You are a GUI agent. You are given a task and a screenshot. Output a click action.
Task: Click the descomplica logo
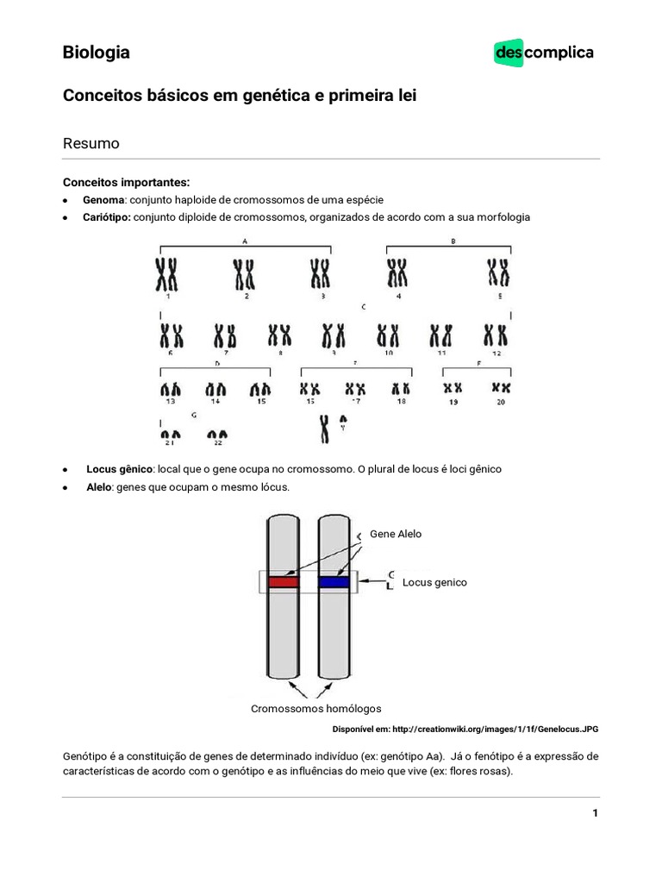click(543, 53)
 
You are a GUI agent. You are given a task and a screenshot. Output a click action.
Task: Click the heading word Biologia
click(97, 53)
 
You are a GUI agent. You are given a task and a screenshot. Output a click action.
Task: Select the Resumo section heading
click(91, 143)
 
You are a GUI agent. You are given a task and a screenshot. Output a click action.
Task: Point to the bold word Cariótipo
click(108, 217)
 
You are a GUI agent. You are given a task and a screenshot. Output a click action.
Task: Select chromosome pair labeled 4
click(397, 274)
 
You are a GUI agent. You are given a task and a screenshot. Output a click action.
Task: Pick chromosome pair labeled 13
click(171, 391)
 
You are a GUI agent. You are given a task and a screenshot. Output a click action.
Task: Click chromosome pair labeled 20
click(501, 389)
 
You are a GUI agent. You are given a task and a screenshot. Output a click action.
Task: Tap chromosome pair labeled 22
click(217, 435)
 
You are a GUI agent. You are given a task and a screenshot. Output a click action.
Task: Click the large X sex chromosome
click(324, 427)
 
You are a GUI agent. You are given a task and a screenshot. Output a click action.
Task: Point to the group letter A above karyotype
click(246, 242)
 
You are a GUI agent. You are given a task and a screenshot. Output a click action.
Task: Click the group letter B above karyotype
click(453, 242)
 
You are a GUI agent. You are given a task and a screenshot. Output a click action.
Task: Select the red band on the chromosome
click(283, 582)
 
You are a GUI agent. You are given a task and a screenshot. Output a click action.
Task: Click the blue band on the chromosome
click(334, 582)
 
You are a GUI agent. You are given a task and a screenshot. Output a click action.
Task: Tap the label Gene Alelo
click(396, 534)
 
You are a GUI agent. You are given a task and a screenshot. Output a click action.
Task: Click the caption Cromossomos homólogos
click(315, 708)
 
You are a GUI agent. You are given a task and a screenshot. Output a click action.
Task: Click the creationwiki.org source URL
click(494, 729)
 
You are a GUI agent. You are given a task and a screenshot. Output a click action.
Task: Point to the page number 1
click(595, 813)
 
